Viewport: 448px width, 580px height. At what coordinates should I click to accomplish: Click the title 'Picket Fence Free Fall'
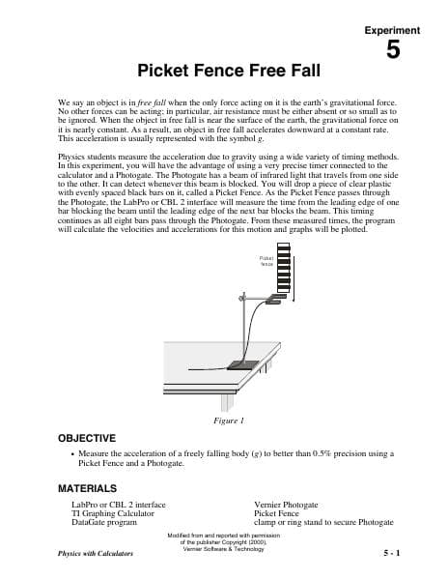pos(223,71)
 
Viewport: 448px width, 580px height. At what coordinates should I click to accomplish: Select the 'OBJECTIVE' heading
pos(94,438)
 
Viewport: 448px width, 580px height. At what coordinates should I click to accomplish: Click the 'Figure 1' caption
pos(227,420)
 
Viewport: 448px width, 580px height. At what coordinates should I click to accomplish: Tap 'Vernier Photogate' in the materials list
pos(286,505)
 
